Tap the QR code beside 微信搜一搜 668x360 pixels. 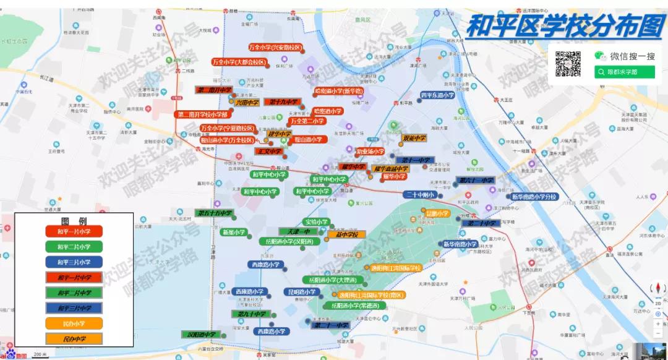click(568, 63)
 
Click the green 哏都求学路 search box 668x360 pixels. click(623, 72)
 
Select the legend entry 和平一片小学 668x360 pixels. click(74, 231)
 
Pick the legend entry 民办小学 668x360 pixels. click(74, 324)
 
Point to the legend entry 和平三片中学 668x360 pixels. click(74, 308)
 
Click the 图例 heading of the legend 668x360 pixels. click(74, 221)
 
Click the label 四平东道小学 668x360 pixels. click(437, 95)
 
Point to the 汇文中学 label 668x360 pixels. click(269, 152)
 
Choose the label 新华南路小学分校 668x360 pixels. click(534, 197)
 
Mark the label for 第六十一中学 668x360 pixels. click(476, 181)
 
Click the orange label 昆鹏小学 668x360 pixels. click(437, 213)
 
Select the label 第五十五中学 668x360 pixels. click(214, 213)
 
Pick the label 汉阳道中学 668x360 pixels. click(202, 335)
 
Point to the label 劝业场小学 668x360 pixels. click(370, 152)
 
